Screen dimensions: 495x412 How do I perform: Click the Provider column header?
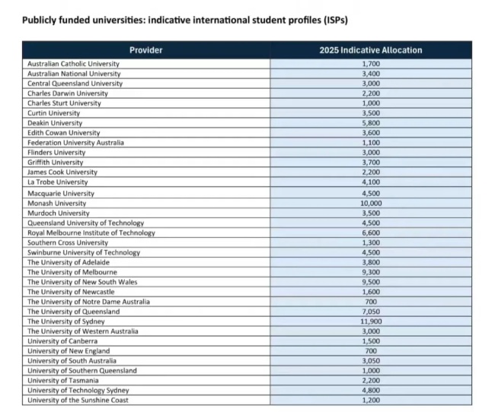pos(146,50)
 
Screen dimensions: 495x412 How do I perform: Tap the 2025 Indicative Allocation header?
pos(371,50)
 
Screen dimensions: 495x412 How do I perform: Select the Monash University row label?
pos(57,203)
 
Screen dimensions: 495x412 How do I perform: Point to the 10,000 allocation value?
pos(371,203)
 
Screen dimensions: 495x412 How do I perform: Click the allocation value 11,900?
pos(371,322)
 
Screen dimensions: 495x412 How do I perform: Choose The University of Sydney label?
pos(66,322)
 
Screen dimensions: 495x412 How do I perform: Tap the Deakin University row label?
pos(55,123)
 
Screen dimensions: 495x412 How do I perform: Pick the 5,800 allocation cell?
pos(371,123)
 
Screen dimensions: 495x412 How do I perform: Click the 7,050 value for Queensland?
pos(371,312)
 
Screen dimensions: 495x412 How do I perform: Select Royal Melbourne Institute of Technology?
pos(91,233)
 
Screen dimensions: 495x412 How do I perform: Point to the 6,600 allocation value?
pos(371,233)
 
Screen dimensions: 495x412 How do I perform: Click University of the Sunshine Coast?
pos(78,401)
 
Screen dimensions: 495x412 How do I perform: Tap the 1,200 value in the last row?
pos(371,401)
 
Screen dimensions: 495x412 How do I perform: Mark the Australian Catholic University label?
pos(73,64)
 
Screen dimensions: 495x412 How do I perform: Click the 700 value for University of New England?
pos(371,351)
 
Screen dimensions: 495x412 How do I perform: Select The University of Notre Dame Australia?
pos(88,302)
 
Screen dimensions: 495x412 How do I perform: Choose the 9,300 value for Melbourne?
pos(371,272)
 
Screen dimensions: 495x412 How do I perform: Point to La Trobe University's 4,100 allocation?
pos(371,182)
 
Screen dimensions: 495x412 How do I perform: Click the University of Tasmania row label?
pos(62,381)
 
